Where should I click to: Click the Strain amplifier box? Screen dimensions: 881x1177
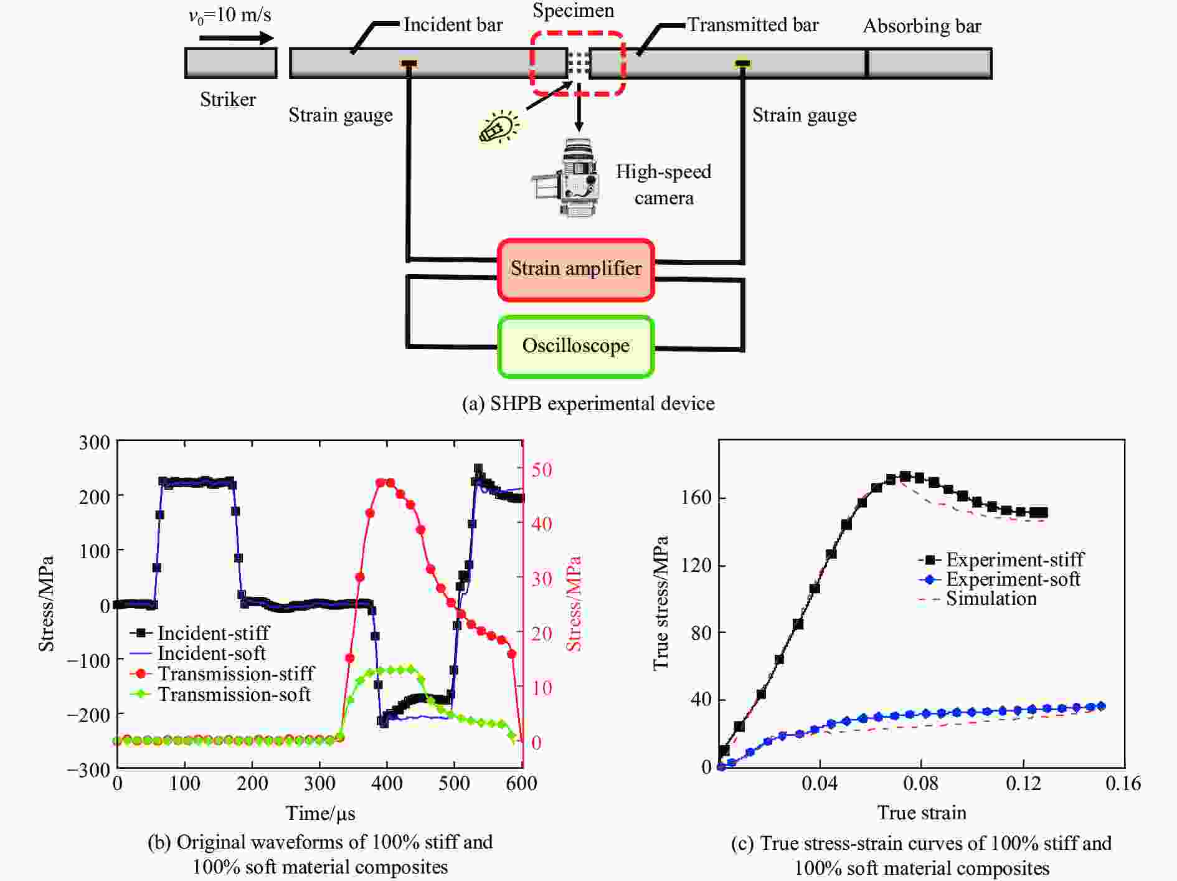(575, 269)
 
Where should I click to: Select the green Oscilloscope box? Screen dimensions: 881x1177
(575, 346)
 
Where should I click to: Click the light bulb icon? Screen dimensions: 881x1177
(498, 128)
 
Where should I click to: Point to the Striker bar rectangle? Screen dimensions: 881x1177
(230, 63)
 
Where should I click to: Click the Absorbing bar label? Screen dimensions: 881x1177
(922, 26)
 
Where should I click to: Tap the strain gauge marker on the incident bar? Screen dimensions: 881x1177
(409, 63)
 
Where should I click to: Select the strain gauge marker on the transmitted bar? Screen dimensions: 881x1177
(742, 63)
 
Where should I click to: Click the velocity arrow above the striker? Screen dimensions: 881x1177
(237, 38)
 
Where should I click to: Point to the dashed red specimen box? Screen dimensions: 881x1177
(577, 64)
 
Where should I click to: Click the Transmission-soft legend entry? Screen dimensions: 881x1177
(220, 694)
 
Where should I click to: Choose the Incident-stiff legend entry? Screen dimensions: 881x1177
(200, 633)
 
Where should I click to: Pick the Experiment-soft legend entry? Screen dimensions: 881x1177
(999, 579)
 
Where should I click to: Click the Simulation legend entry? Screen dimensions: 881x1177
(978, 599)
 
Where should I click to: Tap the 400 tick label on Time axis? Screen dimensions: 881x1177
(387, 783)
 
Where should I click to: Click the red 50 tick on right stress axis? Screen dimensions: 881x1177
(541, 470)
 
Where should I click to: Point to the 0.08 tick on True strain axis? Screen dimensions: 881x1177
(921, 783)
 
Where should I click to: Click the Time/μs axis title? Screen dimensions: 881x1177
(320, 813)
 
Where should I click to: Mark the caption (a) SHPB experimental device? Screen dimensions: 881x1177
(588, 404)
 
